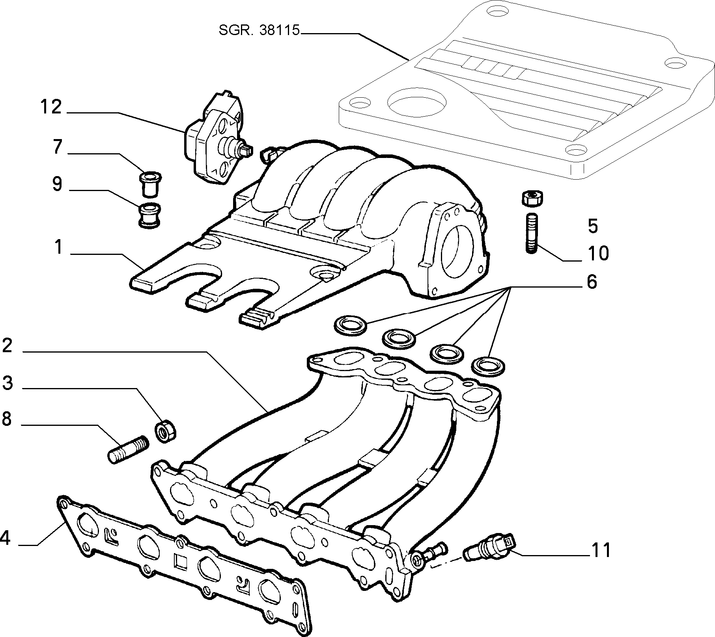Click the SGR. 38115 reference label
pos(259,31)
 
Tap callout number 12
pos(51,107)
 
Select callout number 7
pos(58,147)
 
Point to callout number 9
pos(58,184)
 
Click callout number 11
pos(601,550)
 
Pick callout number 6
pos(592,282)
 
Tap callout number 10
pos(598,253)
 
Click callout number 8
pos(7,419)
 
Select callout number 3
pos(7,383)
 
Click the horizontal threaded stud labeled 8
pos(128,450)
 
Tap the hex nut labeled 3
pos(166,431)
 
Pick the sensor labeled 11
pos(489,546)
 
